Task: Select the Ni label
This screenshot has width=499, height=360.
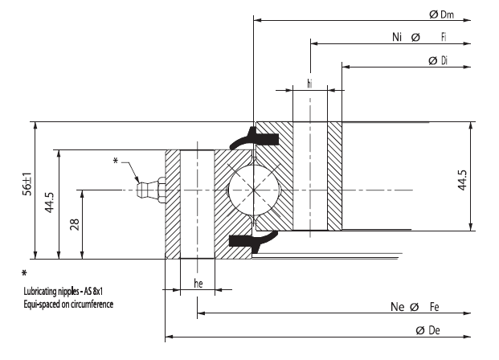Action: [397, 38]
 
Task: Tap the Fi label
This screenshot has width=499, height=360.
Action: [444, 38]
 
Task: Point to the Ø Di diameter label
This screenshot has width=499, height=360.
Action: [439, 60]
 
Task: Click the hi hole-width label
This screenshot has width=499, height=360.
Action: [310, 83]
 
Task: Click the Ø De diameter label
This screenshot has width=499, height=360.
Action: [432, 330]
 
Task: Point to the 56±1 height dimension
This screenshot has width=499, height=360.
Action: [27, 190]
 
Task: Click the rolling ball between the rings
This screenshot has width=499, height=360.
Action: [252, 190]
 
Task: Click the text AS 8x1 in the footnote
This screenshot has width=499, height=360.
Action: [95, 292]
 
